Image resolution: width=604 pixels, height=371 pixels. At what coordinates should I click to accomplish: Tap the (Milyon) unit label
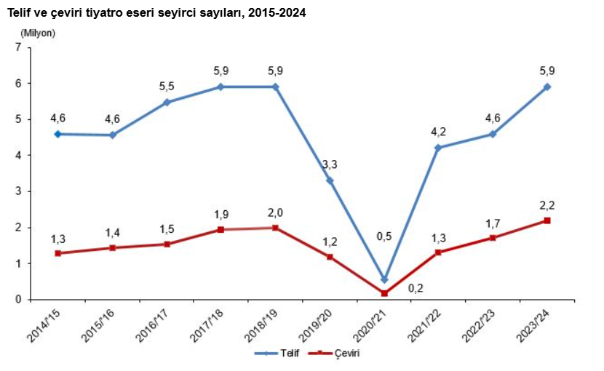(x=38, y=32)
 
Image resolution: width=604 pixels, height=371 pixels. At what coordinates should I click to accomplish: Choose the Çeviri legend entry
(x=335, y=354)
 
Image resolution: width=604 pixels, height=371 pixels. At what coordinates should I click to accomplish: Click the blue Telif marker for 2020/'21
(x=384, y=280)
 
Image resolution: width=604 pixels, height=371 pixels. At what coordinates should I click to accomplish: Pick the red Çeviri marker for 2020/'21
(x=384, y=293)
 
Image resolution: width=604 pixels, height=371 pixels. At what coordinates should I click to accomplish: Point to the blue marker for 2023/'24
(x=547, y=87)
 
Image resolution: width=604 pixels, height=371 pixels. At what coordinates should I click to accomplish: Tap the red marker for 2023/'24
(x=547, y=220)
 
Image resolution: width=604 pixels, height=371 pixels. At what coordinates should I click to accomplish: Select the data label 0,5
(x=384, y=236)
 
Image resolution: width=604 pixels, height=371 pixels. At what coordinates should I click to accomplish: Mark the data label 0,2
(x=416, y=288)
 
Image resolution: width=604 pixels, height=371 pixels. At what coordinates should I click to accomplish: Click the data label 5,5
(x=167, y=86)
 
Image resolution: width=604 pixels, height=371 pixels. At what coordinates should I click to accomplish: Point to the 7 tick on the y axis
(x=19, y=47)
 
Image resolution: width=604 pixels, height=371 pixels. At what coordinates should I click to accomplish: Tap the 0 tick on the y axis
(x=19, y=300)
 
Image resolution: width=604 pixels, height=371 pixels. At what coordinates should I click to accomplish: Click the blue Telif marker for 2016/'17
(x=167, y=103)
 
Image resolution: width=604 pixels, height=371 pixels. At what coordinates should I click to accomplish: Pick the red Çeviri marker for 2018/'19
(x=275, y=228)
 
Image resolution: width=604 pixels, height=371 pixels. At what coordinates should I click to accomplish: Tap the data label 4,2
(x=439, y=132)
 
